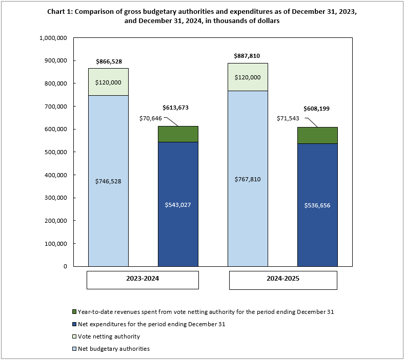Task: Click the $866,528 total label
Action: [108, 61]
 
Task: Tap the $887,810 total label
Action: [248, 56]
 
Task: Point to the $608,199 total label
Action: [317, 109]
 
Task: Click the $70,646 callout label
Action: [151, 118]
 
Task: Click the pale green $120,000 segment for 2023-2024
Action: [108, 82]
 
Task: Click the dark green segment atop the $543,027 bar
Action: [178, 134]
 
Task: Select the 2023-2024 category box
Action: [143, 280]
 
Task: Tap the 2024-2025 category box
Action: [282, 280]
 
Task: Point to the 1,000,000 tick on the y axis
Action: [53, 38]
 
